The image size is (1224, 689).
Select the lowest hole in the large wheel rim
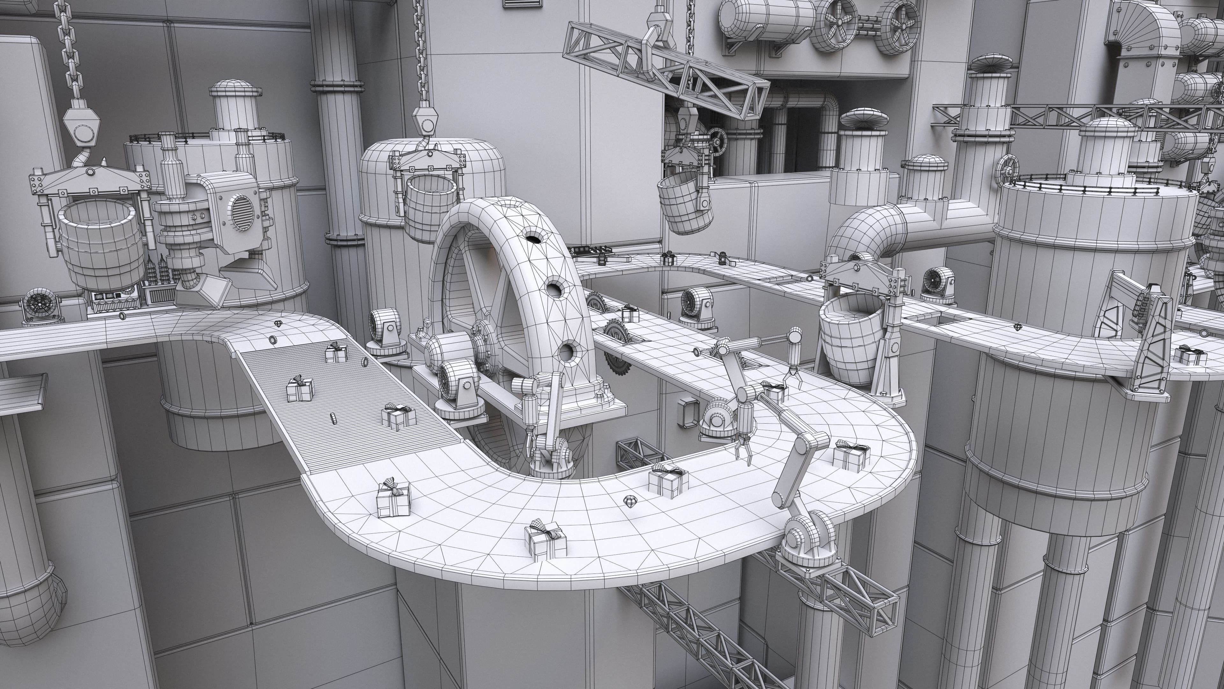click(567, 353)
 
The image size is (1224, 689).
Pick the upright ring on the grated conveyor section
click(333, 419)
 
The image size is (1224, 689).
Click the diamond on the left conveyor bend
click(279, 323)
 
